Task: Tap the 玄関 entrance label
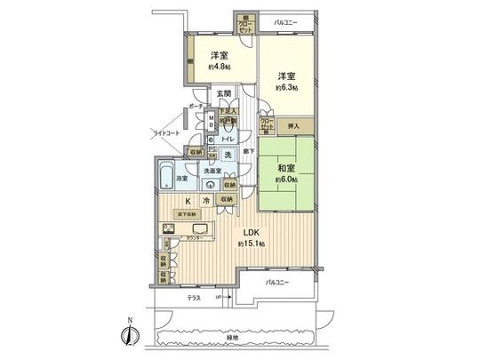pos(222,94)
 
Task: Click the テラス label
pos(194,297)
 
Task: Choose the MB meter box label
pos(210,122)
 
